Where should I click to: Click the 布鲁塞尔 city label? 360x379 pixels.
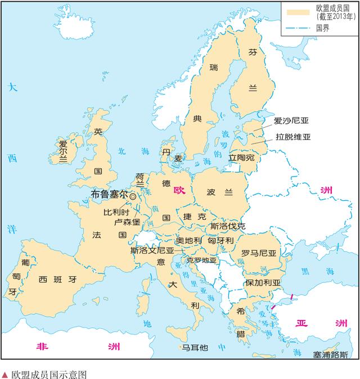109,193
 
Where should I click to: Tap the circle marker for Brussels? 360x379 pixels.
133,195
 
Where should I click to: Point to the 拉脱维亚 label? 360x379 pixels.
293,137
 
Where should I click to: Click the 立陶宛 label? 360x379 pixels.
241,159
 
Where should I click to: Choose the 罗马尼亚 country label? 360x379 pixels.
259,253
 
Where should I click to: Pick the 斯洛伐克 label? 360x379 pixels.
227,226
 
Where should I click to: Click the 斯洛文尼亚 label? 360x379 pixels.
152,250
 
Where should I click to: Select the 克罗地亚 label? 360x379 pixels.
201,260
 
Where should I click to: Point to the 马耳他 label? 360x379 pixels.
195,348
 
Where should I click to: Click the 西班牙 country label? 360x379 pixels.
57,279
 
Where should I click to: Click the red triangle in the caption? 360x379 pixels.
5,372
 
